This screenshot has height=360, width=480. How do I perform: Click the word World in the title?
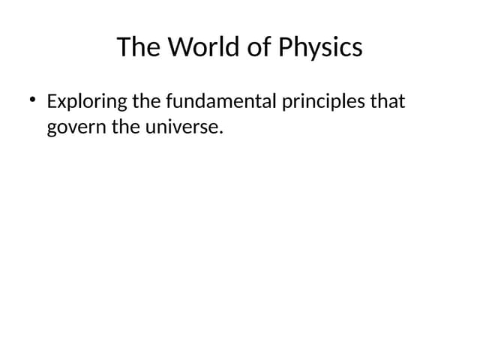(x=201, y=47)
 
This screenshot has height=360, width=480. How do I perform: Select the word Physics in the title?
(x=320, y=47)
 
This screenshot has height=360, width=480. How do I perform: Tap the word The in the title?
(x=139, y=47)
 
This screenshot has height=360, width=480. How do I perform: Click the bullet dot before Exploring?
(x=33, y=100)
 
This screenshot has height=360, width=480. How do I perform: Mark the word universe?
(x=187, y=127)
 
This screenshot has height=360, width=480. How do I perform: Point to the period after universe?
(x=222, y=132)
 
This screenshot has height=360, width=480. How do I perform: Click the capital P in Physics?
(x=285, y=47)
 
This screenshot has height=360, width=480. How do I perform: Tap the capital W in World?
(x=177, y=47)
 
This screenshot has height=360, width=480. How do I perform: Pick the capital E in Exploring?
(x=52, y=100)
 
